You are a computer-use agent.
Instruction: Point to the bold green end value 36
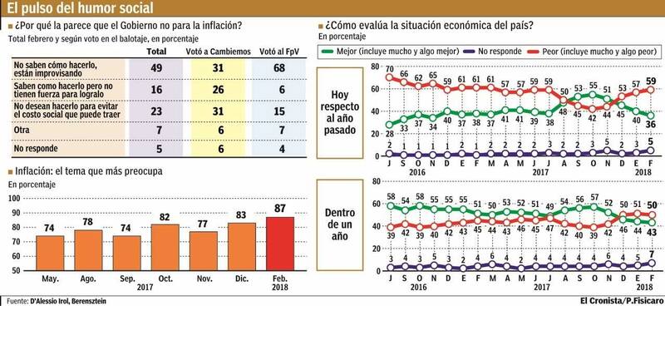tap(651, 124)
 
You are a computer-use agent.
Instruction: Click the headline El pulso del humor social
tap(58, 7)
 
